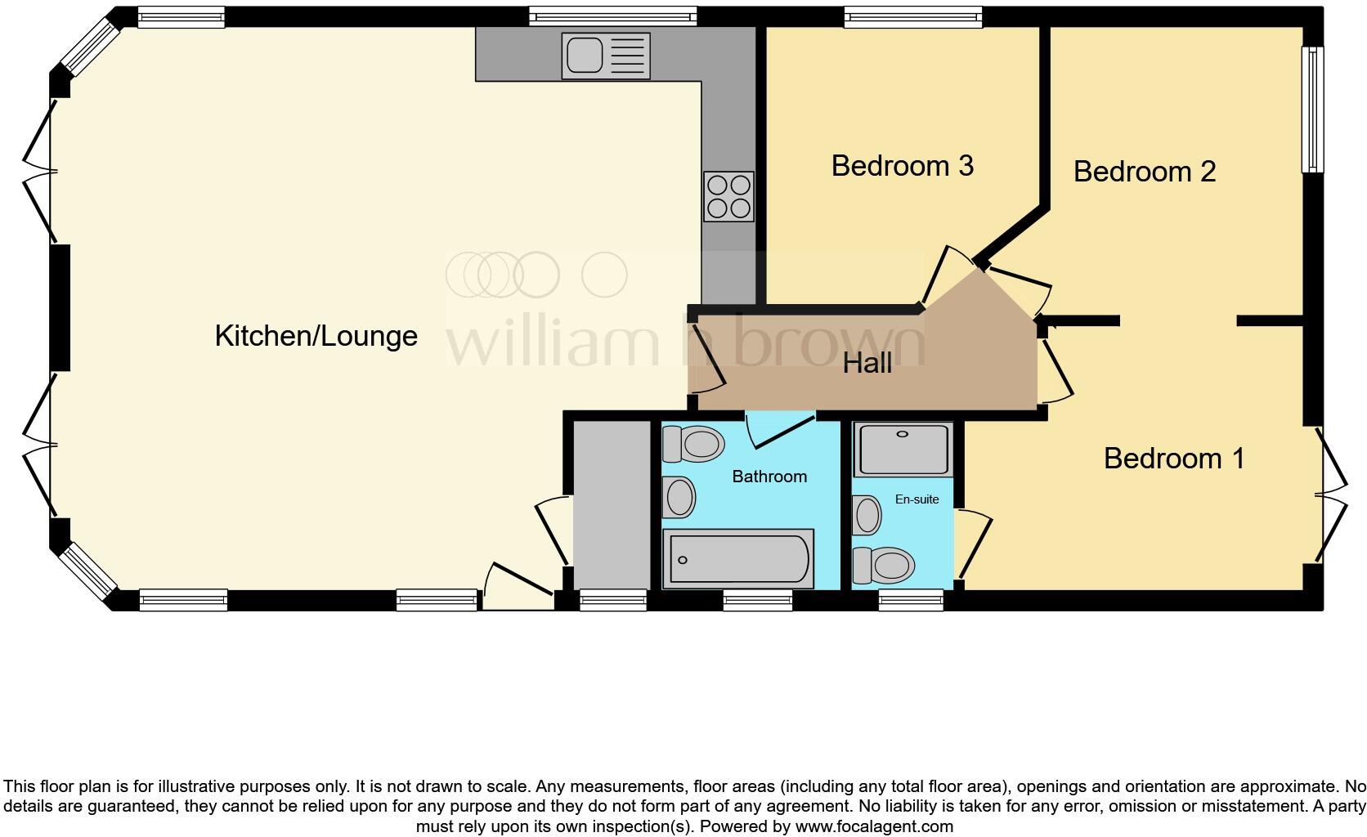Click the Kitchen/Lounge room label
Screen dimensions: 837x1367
pyautogui.click(x=316, y=336)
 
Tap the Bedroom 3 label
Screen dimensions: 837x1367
pyautogui.click(x=902, y=166)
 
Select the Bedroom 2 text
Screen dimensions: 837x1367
pyautogui.click(x=1144, y=172)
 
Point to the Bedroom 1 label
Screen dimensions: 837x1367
pyautogui.click(x=1173, y=459)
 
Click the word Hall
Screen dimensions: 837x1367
pyautogui.click(x=867, y=363)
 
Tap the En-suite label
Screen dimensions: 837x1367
pyautogui.click(x=917, y=499)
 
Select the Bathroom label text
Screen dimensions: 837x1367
pyautogui.click(x=769, y=477)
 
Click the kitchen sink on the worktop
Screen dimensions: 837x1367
pyautogui.click(x=605, y=56)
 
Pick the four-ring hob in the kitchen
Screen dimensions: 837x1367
pyautogui.click(x=728, y=196)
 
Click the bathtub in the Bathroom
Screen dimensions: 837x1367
pyautogui.click(x=737, y=559)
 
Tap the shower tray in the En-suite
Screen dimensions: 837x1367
pyautogui.click(x=903, y=449)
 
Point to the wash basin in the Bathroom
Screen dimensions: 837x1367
pyautogui.click(x=679, y=497)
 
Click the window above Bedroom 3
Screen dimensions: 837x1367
pyautogui.click(x=912, y=16)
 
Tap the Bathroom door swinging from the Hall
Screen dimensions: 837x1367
pyautogui.click(x=781, y=431)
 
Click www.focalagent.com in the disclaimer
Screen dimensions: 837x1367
pyautogui.click(x=873, y=826)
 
